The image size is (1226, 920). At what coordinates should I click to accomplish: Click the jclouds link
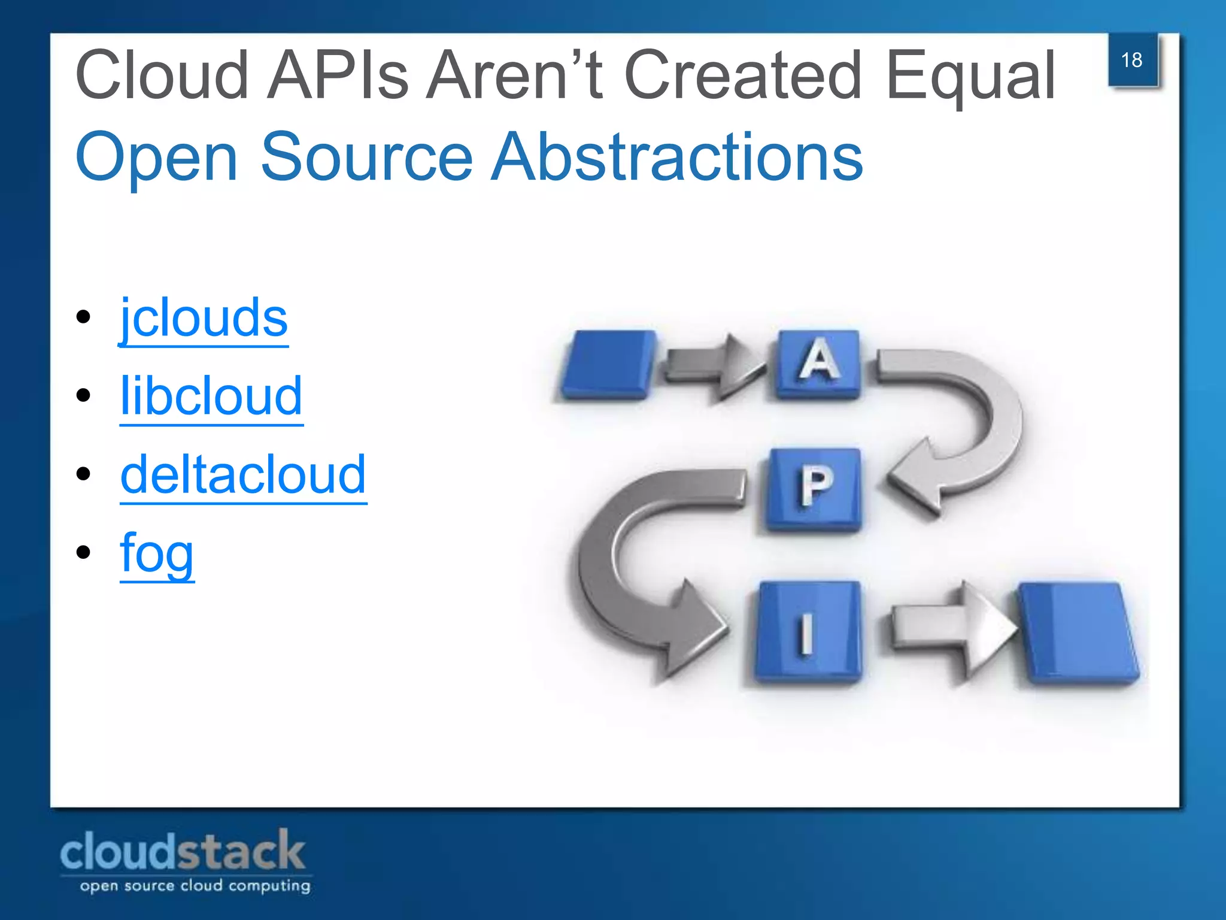204,319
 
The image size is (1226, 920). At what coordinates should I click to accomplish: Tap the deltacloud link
243,474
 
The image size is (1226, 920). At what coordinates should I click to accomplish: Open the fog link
157,553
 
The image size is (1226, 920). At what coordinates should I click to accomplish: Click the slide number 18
1131,60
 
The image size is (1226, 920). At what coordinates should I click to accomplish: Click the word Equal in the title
971,77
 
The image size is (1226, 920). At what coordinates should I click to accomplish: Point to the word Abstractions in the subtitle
676,157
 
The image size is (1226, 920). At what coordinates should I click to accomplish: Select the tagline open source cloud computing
195,886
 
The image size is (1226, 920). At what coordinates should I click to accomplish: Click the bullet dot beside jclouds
83,317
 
